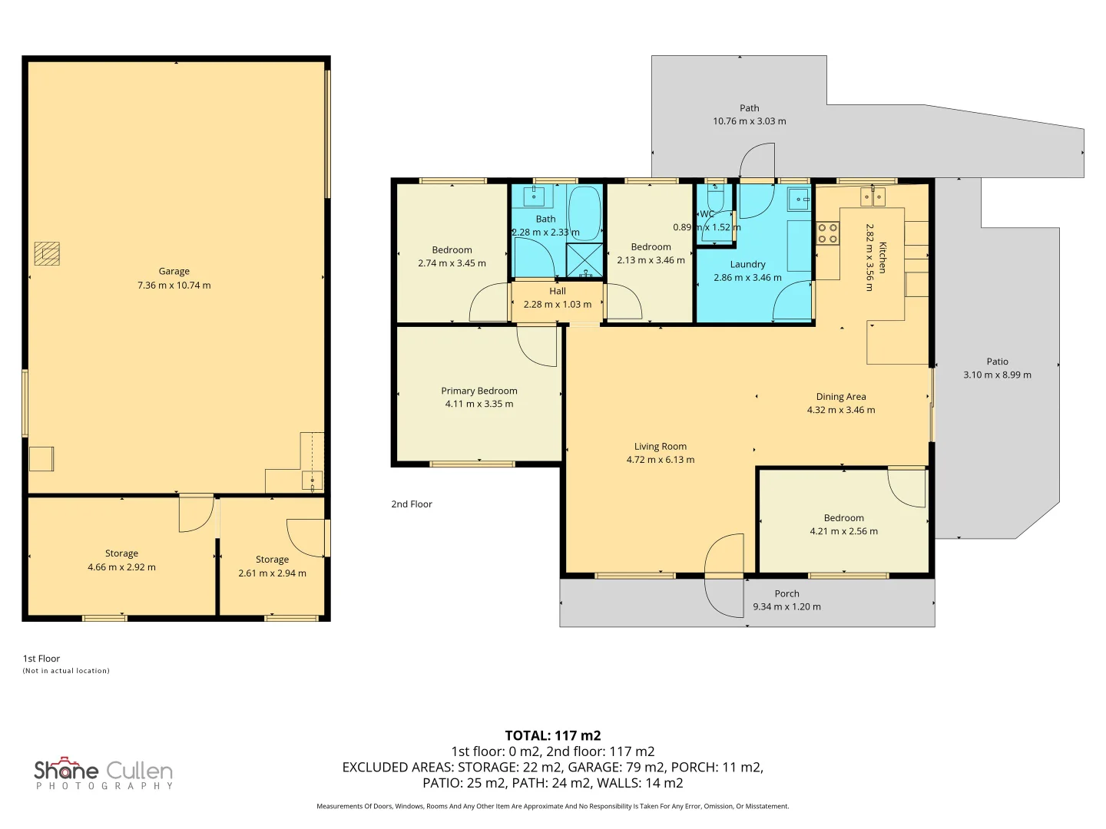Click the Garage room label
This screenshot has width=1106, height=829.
point(174,271)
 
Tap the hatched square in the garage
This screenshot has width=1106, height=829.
point(47,253)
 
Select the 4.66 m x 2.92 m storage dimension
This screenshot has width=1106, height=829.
point(121,566)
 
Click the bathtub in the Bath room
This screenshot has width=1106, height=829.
point(584,213)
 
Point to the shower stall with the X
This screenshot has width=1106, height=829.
point(584,260)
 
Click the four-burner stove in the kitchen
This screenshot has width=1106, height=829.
point(827,233)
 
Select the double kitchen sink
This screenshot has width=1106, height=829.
point(873,197)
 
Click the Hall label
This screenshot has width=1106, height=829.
point(558,291)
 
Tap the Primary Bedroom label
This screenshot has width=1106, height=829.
point(479,391)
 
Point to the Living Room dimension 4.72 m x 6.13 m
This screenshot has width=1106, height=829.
point(661,460)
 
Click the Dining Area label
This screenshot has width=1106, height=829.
point(841,397)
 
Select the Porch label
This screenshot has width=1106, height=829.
point(787,593)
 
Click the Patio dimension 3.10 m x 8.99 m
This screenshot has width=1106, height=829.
point(997,375)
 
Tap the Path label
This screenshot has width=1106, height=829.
point(750,107)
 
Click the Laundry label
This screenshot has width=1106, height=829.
point(748,264)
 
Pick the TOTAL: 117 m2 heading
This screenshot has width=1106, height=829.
point(553,735)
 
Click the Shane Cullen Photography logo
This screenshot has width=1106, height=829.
point(103,773)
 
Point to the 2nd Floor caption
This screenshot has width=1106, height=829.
point(412,504)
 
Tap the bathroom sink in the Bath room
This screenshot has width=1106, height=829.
point(534,197)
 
